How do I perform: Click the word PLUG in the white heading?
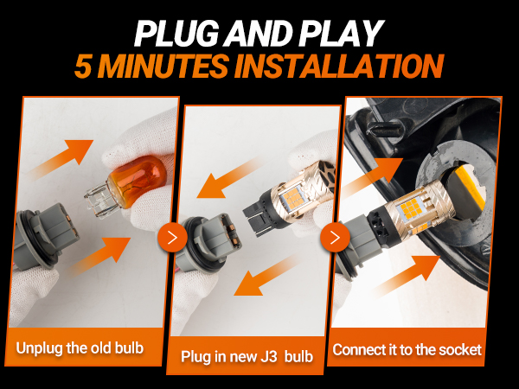[x=176, y=34]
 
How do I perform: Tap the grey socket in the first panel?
[x=47, y=233]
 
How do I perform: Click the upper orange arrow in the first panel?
[x=61, y=159]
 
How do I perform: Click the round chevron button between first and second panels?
[x=172, y=237]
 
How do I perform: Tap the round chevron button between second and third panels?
[x=335, y=237]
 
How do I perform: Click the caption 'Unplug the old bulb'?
[x=80, y=348]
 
